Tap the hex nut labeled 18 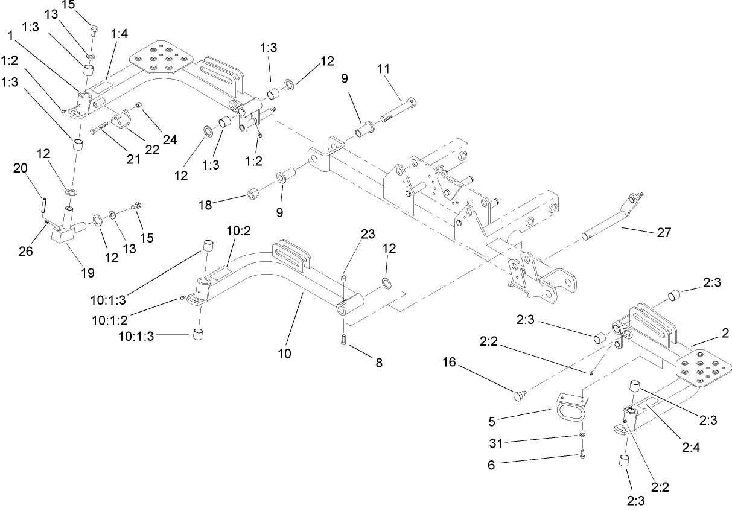click(x=253, y=195)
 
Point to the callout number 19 click(x=88, y=273)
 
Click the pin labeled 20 click(x=43, y=203)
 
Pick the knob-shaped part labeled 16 click(x=518, y=395)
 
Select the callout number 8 click(x=378, y=363)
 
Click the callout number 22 click(x=152, y=150)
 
